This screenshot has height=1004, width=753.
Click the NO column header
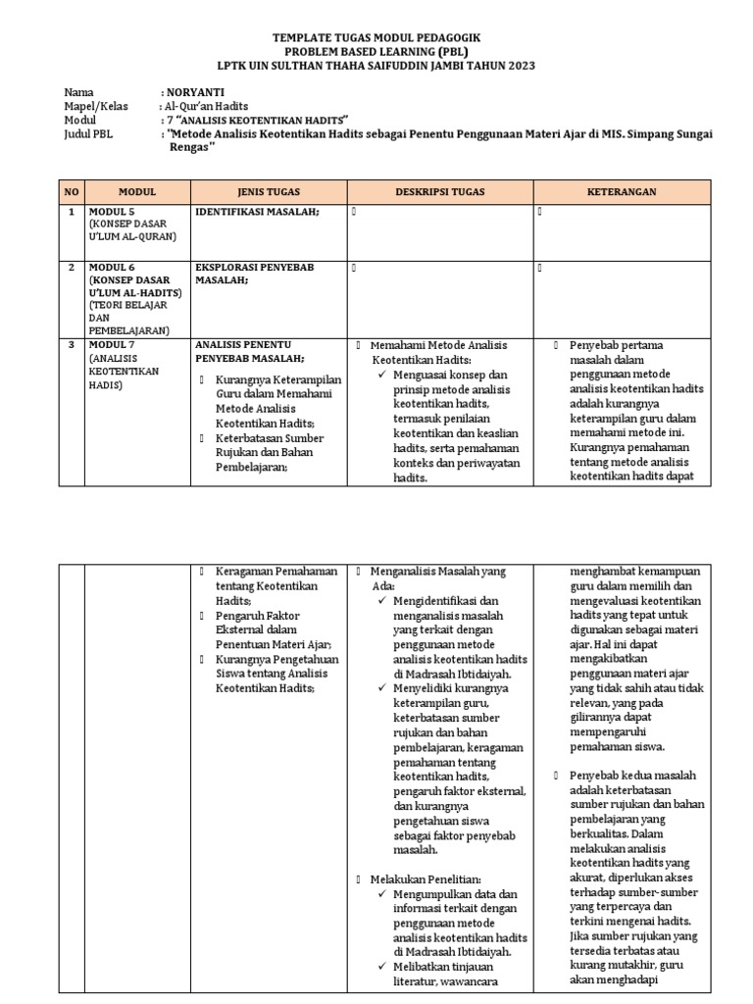tap(71, 192)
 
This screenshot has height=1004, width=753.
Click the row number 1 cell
tap(71, 211)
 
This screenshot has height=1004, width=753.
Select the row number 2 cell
tap(71, 267)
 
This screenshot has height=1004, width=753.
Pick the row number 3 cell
tap(71, 345)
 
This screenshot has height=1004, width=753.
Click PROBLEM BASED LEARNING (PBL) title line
tap(376, 51)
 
